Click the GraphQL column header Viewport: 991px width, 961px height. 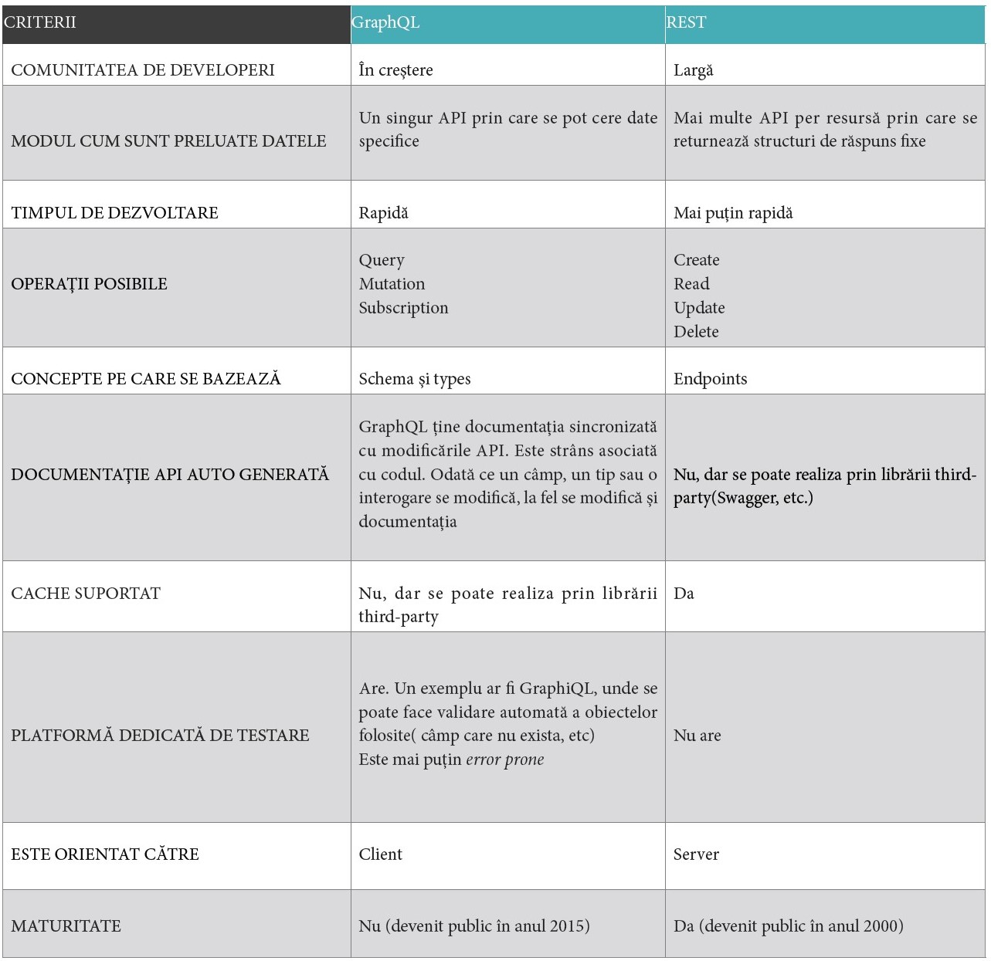385,22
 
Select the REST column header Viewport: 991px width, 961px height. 686,22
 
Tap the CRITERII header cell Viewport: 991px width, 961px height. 40,22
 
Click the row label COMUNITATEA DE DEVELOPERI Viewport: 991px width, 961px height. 143,70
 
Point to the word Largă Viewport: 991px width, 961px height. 693,70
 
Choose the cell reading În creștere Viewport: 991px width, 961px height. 395,70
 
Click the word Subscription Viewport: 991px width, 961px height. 403,308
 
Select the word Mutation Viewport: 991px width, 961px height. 392,284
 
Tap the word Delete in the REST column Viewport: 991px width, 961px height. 696,332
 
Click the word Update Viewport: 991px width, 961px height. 699,308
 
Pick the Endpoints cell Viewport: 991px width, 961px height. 710,379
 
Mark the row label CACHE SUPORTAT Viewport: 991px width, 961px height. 86,594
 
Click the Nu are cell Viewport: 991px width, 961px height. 697,736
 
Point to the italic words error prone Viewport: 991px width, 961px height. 504,760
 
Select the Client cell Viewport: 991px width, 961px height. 380,854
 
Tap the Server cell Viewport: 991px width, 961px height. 696,854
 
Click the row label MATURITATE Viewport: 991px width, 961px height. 66,926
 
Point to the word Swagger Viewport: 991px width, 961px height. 746,498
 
